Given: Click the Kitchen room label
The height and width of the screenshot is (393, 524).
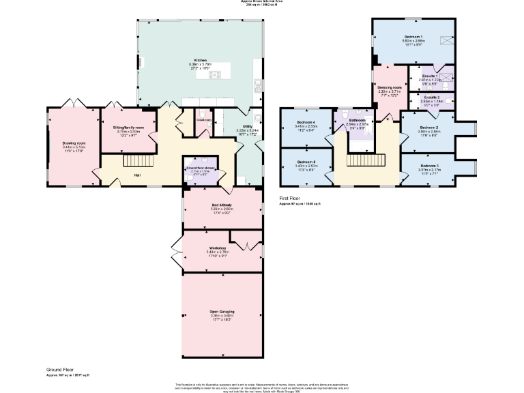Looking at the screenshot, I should [200, 60].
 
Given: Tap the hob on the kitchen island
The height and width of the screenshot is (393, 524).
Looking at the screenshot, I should [214, 74].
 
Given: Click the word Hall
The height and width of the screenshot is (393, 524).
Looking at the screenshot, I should [138, 175].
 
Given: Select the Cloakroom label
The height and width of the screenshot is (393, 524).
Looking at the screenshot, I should [204, 120].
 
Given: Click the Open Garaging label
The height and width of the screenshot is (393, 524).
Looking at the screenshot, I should [221, 311].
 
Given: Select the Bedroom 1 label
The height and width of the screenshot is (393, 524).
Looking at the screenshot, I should [413, 36].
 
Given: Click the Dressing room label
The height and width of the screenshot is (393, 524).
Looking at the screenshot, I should [390, 87].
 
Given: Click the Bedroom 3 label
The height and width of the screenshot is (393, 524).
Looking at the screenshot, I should [429, 166].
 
